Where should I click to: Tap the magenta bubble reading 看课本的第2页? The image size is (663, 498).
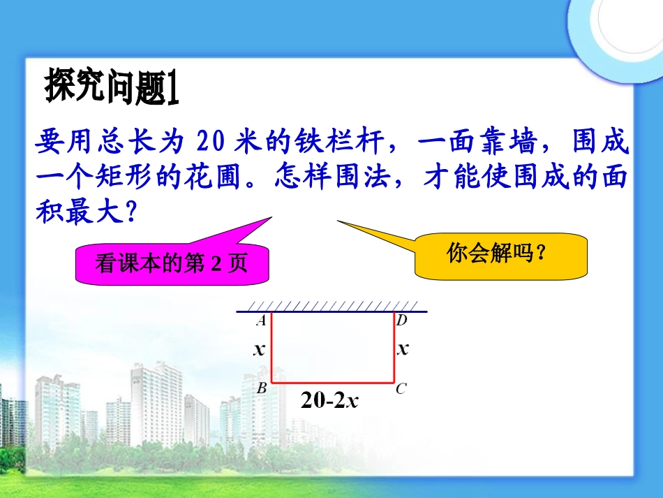(x=172, y=264)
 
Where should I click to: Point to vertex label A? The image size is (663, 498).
(x=262, y=321)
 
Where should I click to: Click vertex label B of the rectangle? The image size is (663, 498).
(x=261, y=389)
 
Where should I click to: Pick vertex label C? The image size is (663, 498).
(x=401, y=389)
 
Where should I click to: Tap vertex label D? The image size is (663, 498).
(x=402, y=321)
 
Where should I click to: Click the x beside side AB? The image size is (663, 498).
(x=259, y=350)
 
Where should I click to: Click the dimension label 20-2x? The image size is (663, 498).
(x=329, y=401)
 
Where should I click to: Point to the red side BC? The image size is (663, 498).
(x=332, y=383)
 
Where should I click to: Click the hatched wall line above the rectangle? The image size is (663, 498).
(x=331, y=307)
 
